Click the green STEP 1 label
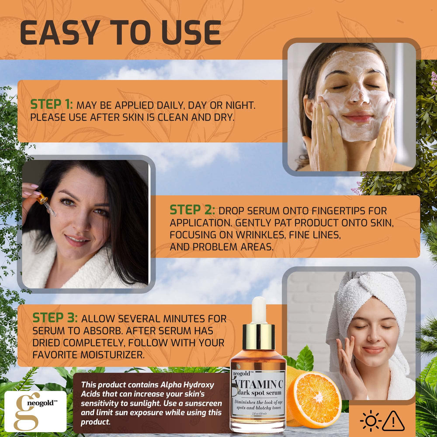coord(51,104)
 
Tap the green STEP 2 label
coord(192,210)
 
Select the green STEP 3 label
coord(55,318)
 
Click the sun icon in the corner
coord(370,421)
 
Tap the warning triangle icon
coord(393,421)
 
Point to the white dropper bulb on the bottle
coord(259,310)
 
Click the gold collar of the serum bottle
coord(259,336)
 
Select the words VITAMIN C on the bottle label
coord(259,384)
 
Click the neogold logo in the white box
coord(35,411)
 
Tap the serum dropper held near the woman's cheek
coord(46,204)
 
